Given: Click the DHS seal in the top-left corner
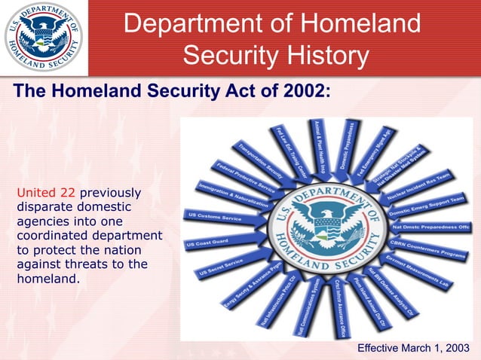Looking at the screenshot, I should [x=43, y=37].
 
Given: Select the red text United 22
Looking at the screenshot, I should [x=45, y=192].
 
